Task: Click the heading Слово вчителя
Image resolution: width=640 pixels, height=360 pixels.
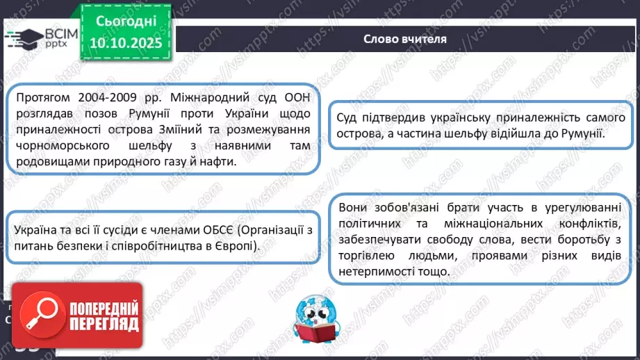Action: coord(405,38)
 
